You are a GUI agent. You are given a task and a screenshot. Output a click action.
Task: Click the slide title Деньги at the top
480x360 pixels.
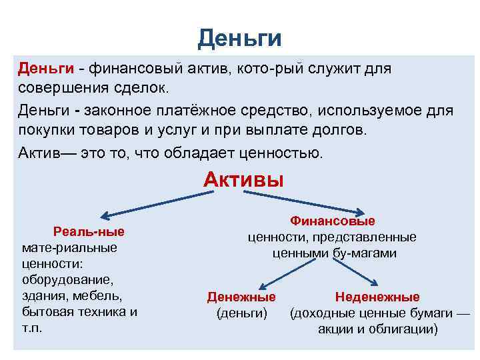coord(239,38)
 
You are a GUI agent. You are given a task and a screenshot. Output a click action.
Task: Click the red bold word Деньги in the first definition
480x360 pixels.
coord(45,69)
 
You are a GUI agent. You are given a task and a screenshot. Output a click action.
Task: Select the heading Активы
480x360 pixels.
coord(243,179)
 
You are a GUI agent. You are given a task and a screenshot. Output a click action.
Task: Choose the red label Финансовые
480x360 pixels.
coord(332,221)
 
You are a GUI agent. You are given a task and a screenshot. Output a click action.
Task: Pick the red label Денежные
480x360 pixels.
coord(241,297)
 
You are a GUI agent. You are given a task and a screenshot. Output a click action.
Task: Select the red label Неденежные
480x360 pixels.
coord(377,297)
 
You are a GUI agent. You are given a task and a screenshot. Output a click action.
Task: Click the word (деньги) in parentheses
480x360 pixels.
coord(241,313)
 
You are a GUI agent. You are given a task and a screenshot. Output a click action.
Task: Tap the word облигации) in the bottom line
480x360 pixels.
coord(404,329)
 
